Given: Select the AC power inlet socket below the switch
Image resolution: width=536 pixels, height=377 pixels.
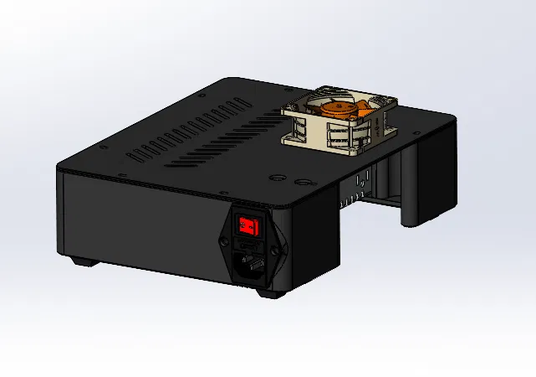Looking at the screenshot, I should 251,267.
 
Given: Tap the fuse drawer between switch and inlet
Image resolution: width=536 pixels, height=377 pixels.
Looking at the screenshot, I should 250,245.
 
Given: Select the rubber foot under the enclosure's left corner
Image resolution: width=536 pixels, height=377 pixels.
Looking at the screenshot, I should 82,261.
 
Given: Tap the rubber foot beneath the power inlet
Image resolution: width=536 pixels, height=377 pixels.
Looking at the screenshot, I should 268,293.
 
